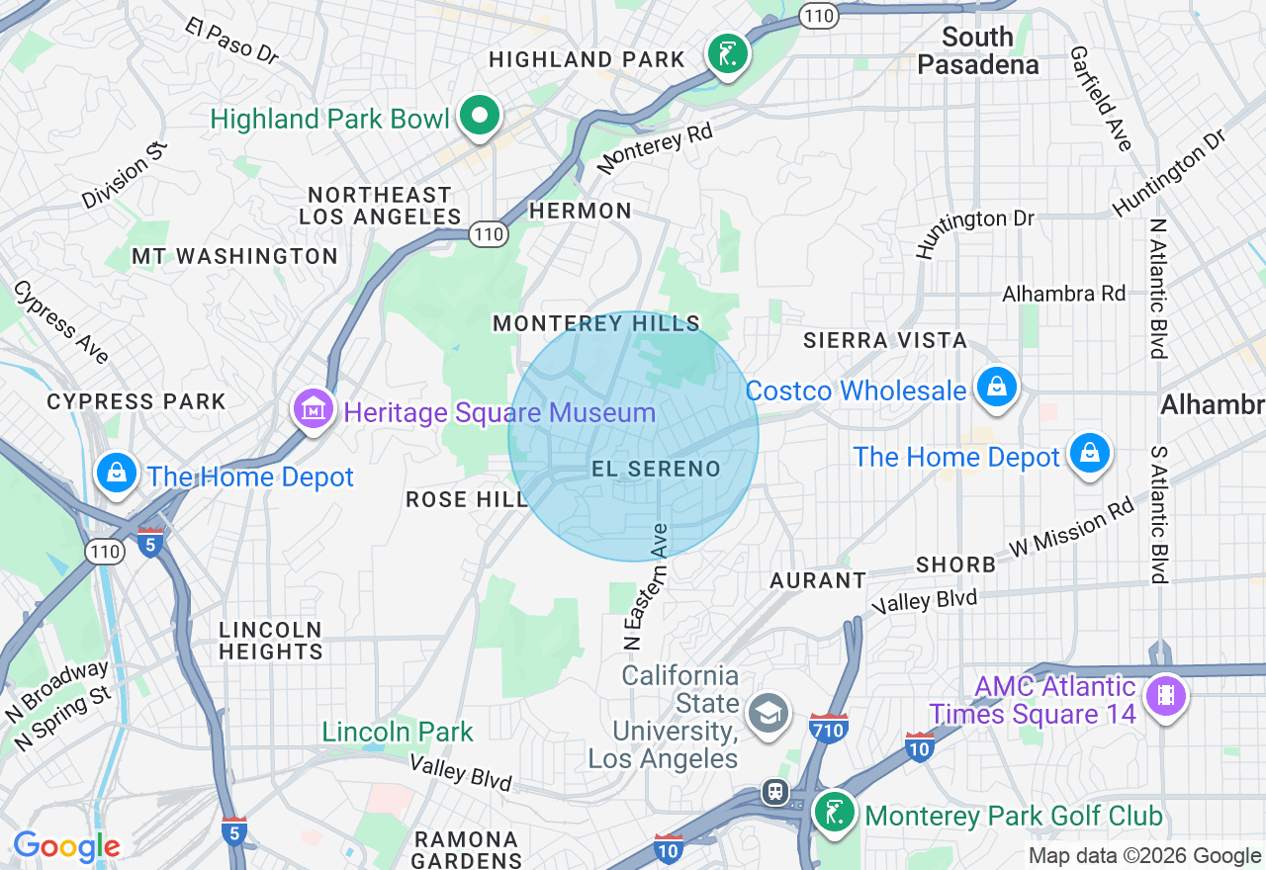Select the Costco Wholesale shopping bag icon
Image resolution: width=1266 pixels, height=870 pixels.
(997, 387)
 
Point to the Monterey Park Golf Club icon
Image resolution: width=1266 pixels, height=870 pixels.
(836, 813)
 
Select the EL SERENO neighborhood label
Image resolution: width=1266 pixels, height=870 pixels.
(656, 469)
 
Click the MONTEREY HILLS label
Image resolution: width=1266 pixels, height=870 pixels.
(596, 323)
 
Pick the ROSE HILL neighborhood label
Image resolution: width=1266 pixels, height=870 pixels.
(467, 500)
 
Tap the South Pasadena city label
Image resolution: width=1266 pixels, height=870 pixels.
(977, 51)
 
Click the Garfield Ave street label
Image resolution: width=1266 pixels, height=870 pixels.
(1100, 98)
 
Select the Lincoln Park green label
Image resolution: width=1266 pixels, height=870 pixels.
(398, 732)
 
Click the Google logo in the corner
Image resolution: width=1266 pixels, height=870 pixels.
(66, 846)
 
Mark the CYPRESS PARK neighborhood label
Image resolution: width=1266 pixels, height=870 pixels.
(136, 401)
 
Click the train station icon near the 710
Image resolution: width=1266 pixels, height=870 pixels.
(775, 792)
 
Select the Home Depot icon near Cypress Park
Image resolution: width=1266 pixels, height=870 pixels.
(117, 473)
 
